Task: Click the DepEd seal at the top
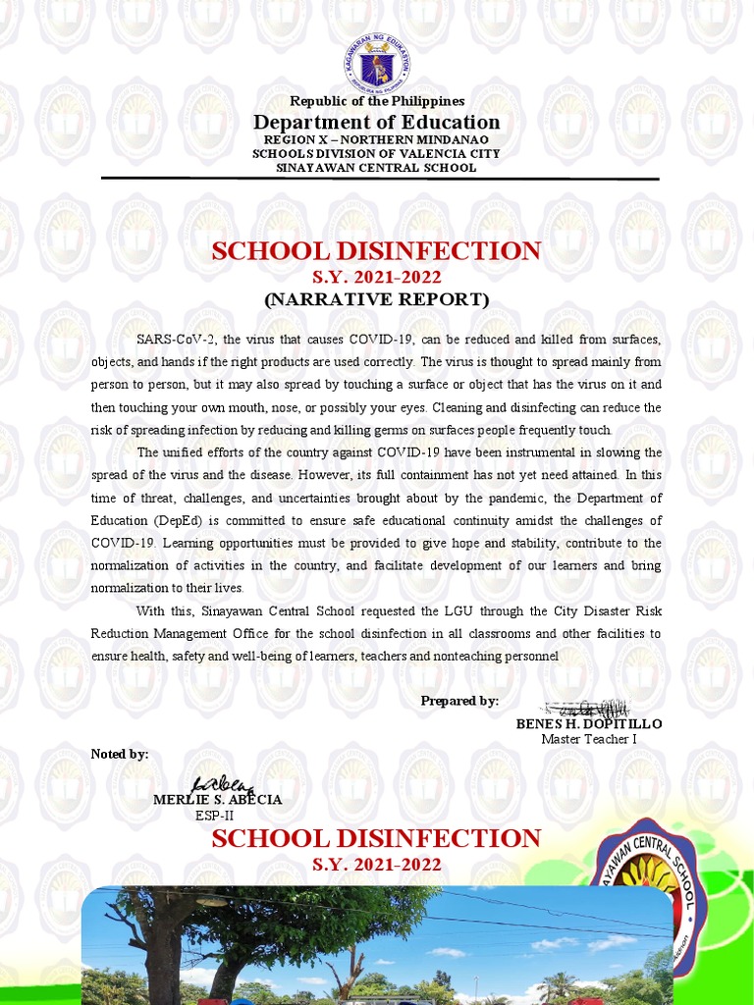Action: point(377,65)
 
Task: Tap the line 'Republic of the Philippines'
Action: point(377,101)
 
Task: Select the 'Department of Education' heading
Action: point(377,122)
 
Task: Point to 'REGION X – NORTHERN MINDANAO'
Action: point(377,139)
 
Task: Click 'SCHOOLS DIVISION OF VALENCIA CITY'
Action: point(377,153)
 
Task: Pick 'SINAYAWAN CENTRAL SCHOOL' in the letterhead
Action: point(377,167)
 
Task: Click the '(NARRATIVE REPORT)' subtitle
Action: point(377,299)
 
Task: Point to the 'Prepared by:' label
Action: point(459,700)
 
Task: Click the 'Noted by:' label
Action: point(120,754)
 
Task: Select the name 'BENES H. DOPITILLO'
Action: point(589,723)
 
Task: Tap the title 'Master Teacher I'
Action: point(589,739)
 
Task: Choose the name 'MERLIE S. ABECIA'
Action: point(218,800)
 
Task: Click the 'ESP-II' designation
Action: point(214,816)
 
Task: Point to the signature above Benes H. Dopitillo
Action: point(587,708)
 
